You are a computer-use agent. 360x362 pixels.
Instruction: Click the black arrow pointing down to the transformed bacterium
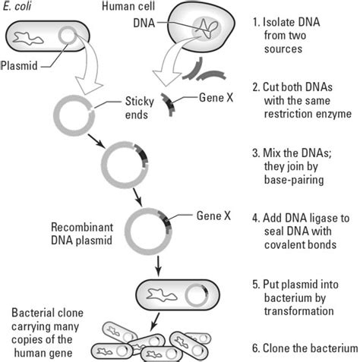pos(157,266)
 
